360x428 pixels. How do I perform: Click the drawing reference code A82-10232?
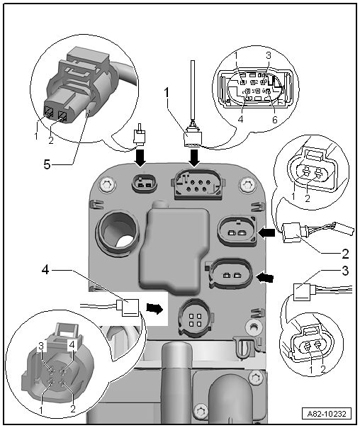[x=327, y=414]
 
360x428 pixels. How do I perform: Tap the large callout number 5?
[x=47, y=164]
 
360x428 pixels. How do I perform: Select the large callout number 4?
[x=45, y=271]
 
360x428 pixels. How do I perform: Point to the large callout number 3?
[x=345, y=271]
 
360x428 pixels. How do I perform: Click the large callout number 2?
[x=345, y=254]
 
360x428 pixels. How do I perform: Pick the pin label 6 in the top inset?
[x=274, y=120]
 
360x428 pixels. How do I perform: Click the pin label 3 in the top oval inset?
[x=269, y=55]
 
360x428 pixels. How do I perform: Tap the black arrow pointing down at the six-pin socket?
[x=195, y=157]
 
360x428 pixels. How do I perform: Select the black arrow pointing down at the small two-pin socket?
[x=141, y=157]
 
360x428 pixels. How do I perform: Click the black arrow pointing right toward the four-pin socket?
[x=154, y=309]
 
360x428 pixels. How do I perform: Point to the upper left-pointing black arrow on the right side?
[x=266, y=233]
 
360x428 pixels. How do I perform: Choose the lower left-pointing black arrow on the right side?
[x=265, y=278]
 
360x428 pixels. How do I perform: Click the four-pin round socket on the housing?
[x=195, y=317]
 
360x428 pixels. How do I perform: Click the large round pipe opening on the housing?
[x=118, y=230]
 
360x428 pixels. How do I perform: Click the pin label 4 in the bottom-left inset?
[x=72, y=346]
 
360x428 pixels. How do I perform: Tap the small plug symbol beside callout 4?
[x=127, y=308]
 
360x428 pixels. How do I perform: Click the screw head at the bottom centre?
[x=201, y=410]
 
